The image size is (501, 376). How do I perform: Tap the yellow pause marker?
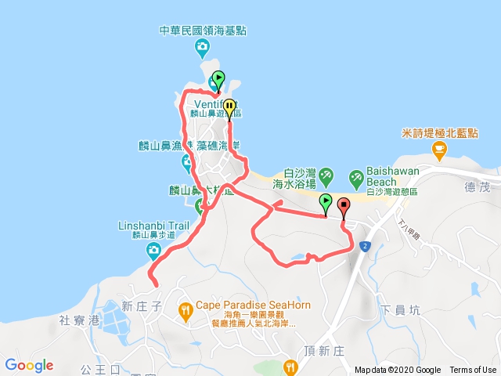point(229,108)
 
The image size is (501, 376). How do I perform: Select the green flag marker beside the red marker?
point(325,204)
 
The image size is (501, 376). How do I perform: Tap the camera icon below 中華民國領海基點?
point(202,47)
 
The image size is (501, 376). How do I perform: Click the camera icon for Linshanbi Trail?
point(153,251)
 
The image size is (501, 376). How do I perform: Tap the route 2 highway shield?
point(365,246)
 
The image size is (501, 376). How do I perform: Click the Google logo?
point(29,365)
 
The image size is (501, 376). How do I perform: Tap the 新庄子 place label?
point(141,306)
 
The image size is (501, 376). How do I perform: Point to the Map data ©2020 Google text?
point(398,371)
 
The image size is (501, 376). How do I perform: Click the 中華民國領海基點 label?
point(203,31)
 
